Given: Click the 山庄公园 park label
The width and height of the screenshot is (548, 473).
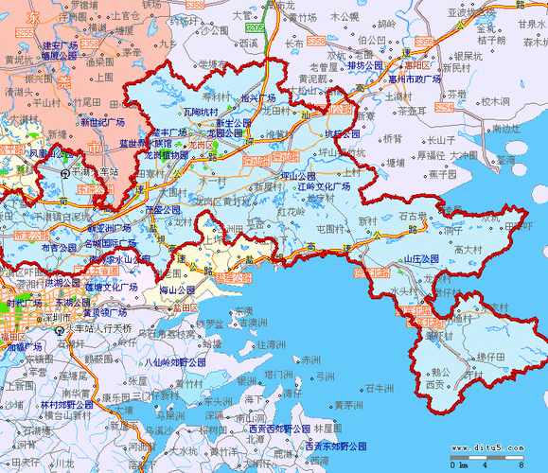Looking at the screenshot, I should (421, 258).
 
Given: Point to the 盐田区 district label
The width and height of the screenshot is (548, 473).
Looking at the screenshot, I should (185, 307).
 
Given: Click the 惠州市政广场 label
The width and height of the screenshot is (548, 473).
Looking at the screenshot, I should (415, 79).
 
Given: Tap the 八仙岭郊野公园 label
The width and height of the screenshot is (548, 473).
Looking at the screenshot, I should (173, 361).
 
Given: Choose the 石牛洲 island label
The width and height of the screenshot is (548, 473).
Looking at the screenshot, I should (378, 388).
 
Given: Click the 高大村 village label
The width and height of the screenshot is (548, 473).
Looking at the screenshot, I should (468, 250).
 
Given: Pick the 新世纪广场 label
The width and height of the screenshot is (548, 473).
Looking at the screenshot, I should (102, 122).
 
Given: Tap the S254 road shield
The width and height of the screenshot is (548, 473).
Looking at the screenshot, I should (87, 44).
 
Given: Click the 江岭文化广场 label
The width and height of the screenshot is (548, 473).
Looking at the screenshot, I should (323, 187).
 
